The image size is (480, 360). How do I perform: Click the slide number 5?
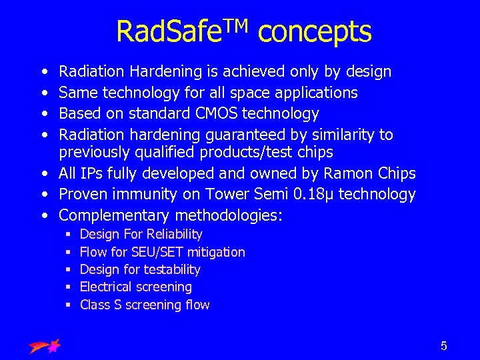click(x=443, y=346)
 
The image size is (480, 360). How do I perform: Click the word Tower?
click(x=214, y=195)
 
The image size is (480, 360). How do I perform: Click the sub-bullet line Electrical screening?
click(x=136, y=287)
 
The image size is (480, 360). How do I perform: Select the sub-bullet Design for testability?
click(x=140, y=269)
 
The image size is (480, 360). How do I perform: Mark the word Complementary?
click(x=115, y=215)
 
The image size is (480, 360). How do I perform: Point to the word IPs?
click(x=92, y=174)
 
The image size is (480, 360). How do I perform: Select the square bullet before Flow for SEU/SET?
click(x=69, y=253)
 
